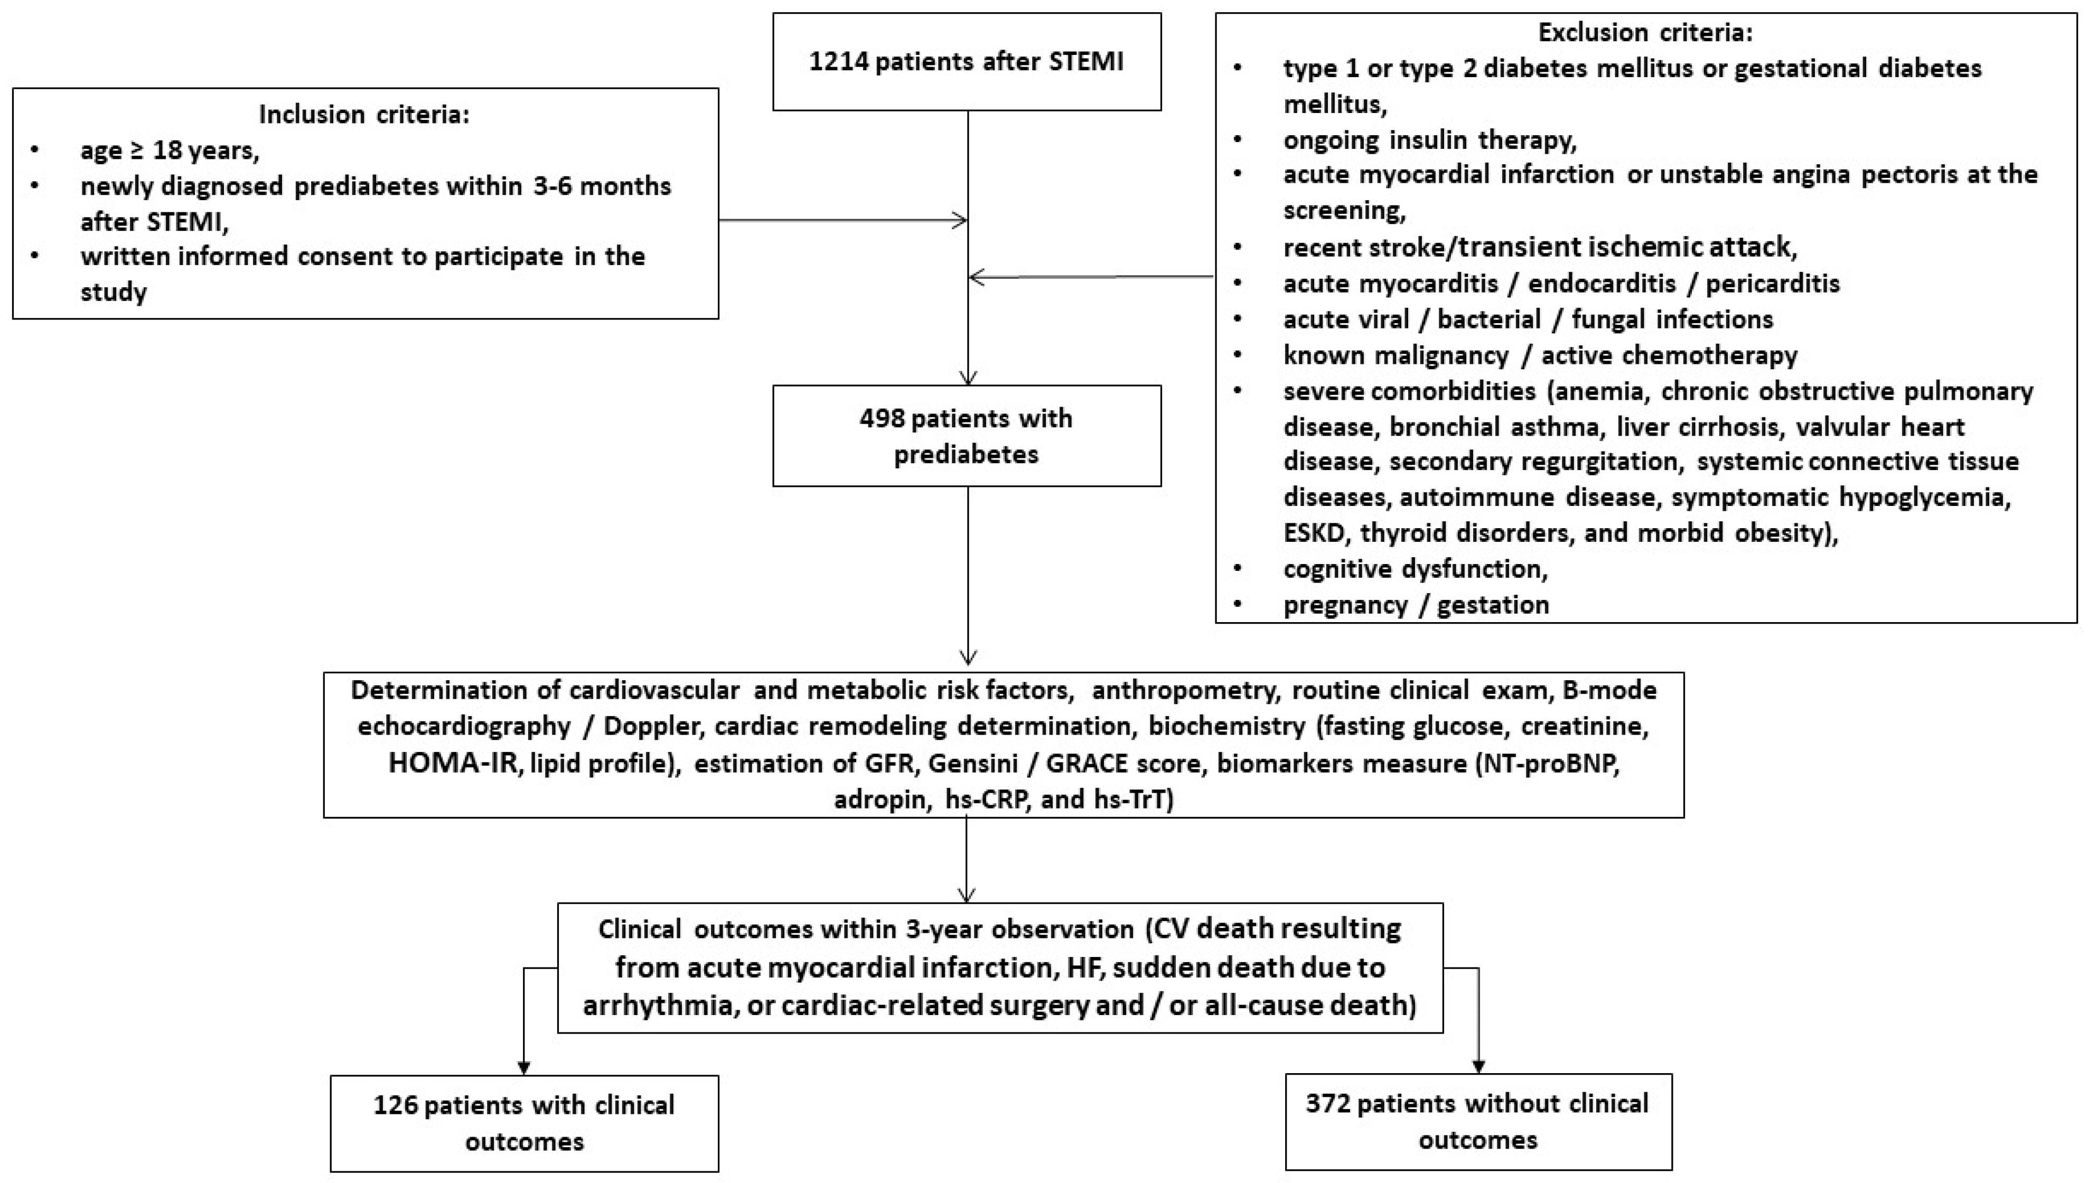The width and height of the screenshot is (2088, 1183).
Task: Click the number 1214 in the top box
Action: coord(838,62)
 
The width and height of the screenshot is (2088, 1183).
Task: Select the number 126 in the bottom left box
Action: coord(395,1105)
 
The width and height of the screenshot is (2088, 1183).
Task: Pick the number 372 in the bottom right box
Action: coord(1327,1103)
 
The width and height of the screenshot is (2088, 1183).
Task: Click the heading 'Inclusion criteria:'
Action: coord(364,115)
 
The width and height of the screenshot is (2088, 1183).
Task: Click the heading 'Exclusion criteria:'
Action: coord(1645,33)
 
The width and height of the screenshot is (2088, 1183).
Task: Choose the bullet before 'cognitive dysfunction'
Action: coord(1238,569)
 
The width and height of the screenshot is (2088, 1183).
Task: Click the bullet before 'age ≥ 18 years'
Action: coord(34,151)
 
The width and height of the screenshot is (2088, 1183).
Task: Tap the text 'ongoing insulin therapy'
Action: coord(1430,140)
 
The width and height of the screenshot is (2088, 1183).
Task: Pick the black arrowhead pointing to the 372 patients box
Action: coord(1478,1066)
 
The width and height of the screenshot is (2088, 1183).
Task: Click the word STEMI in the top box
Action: coord(1086,62)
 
